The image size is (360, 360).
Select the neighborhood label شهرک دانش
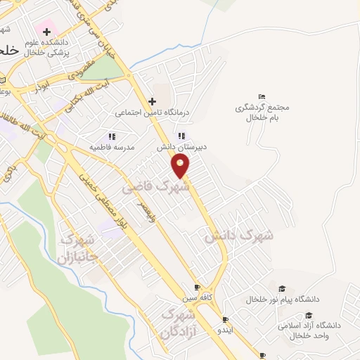[x=238, y=236]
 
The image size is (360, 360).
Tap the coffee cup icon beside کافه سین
[x=198, y=288]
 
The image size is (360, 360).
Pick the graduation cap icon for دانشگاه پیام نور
[x=282, y=288]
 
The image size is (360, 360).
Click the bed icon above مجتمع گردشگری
[x=262, y=96]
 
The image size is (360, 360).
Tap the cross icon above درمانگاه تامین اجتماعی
[x=152, y=101]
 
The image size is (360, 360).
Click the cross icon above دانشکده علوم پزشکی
[x=47, y=31]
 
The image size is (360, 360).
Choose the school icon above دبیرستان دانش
[x=181, y=136]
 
